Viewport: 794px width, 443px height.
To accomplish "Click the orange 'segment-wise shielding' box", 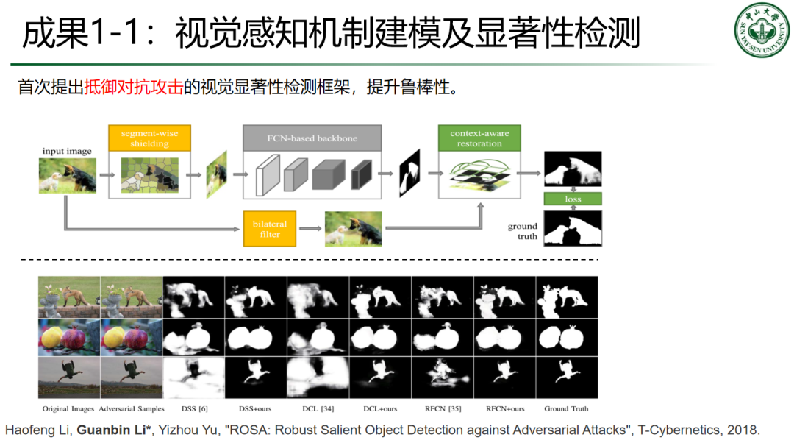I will pyautogui.click(x=149, y=138).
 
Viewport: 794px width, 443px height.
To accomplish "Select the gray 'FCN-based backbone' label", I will pyautogui.click(x=312, y=138).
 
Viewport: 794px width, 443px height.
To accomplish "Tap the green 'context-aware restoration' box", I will pyautogui.click(x=479, y=138).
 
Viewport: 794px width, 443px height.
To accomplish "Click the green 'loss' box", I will pyautogui.click(x=573, y=199).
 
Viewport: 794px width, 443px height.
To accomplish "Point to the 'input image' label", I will pyautogui.click(x=67, y=152).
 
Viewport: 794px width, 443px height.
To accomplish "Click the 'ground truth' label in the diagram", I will pyautogui.click(x=523, y=231).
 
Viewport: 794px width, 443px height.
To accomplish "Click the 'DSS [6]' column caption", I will pyautogui.click(x=194, y=408).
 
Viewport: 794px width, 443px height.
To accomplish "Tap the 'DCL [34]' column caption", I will pyautogui.click(x=318, y=408).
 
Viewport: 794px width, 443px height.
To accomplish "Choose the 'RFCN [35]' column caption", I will pyautogui.click(x=443, y=408).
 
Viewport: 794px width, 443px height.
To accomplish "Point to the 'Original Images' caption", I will pyautogui.click(x=69, y=408).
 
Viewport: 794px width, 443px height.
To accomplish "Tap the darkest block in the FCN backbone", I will pyautogui.click(x=362, y=177).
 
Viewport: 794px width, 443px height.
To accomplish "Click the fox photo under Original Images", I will pyautogui.click(x=69, y=297).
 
